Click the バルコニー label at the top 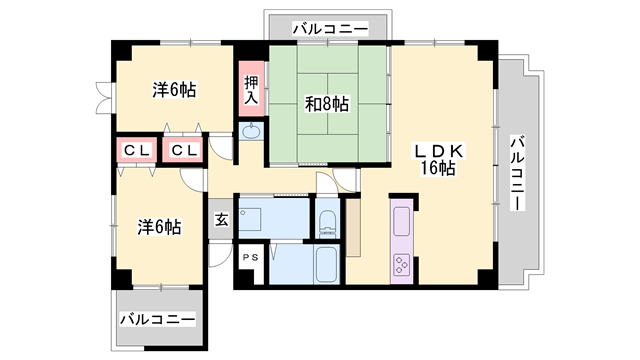pos(329,28)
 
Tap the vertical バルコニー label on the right pos(517,171)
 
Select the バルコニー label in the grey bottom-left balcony pos(158,320)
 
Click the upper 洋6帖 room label pos(174,90)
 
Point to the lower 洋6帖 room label pos(158,227)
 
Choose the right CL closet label pos(184,150)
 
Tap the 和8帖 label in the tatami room pos(328,103)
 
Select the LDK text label pos(439,151)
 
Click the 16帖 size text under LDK pos(438,168)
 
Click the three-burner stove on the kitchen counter pos(400,265)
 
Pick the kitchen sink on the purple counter pos(400,220)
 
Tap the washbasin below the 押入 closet pos(251,132)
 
